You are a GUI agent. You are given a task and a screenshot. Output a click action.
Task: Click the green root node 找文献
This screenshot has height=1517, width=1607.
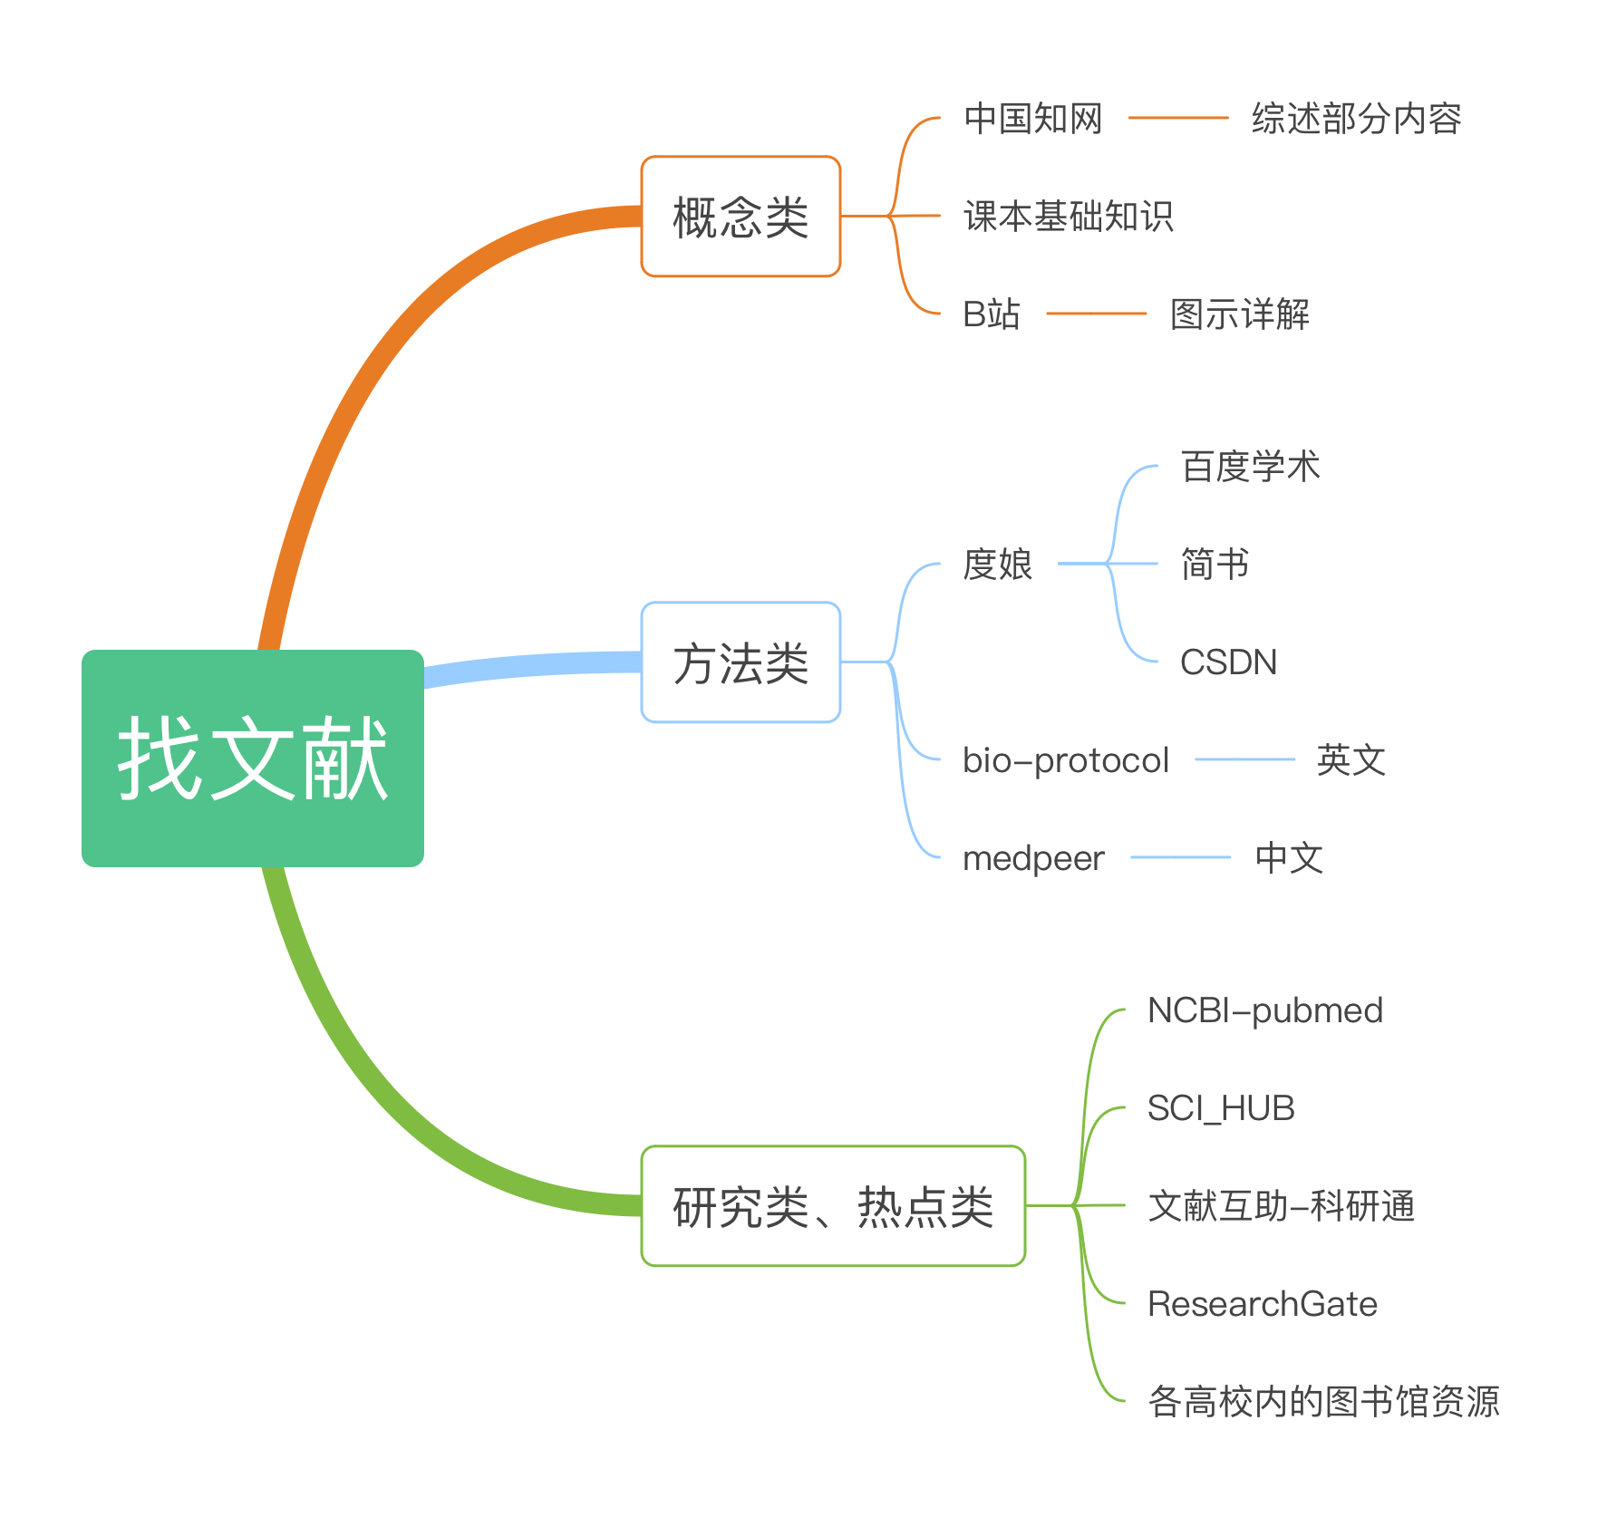tap(253, 758)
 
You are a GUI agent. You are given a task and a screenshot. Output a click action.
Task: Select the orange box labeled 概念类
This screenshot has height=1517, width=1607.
tap(741, 217)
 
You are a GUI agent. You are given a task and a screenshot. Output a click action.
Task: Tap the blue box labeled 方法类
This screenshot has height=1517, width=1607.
tap(741, 662)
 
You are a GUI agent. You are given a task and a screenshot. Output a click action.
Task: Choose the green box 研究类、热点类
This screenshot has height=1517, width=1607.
tap(833, 1206)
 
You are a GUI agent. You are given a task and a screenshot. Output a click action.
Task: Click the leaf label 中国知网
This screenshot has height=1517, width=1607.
tap(1032, 119)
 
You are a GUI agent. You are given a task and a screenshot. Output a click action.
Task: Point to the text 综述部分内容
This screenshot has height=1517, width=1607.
tap(1356, 119)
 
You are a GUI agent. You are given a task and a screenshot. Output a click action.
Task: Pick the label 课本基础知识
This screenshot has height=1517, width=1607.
tap(1068, 217)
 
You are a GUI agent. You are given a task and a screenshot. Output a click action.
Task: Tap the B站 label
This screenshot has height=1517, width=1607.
tap(991, 314)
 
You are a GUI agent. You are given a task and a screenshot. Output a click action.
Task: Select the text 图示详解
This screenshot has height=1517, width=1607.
tap(1240, 314)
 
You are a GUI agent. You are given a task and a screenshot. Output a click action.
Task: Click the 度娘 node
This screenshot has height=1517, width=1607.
tap(997, 565)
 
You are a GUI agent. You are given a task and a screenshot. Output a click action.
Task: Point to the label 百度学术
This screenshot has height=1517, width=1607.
tap(1251, 467)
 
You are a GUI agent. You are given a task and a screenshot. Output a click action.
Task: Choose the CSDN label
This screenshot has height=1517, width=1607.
tap(1228, 662)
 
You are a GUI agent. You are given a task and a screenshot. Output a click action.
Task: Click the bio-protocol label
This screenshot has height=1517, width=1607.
tap(1066, 760)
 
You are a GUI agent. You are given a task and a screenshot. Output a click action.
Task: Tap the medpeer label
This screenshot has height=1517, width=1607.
tap(1033, 858)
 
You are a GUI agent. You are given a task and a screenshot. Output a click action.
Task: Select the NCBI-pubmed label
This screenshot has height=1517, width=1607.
tap(1265, 1010)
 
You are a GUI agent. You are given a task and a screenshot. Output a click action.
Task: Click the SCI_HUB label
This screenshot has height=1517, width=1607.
tap(1221, 1108)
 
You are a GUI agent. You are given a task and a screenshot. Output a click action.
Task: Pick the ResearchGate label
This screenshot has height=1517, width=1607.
tap(1263, 1304)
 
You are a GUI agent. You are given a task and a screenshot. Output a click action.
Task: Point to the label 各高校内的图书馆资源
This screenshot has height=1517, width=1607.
tap(1323, 1402)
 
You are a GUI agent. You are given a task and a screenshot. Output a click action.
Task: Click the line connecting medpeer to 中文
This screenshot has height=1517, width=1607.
tap(1180, 857)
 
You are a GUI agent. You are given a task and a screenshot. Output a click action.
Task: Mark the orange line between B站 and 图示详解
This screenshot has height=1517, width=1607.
tap(1096, 314)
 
